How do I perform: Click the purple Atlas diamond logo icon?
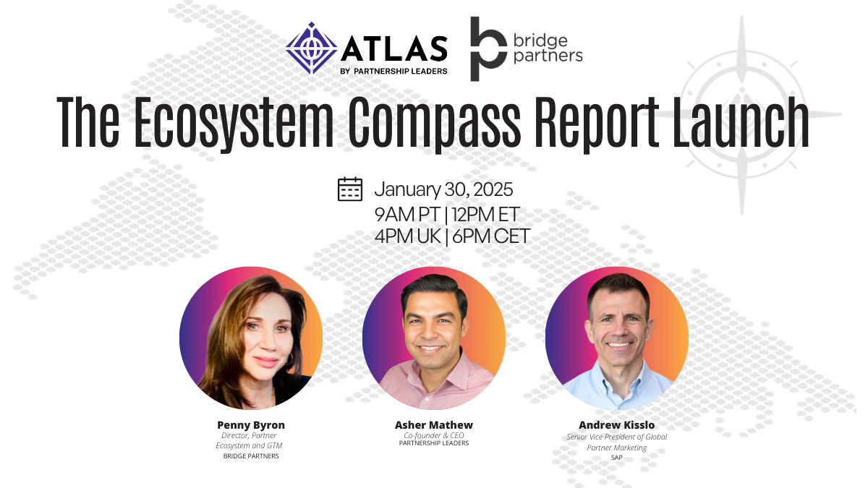coord(312,48)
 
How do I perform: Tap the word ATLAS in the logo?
coord(393,48)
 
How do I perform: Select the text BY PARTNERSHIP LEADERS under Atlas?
coord(393,71)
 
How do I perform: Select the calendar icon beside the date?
coord(350,189)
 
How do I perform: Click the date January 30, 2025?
coord(443,189)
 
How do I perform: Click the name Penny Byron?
coord(251,424)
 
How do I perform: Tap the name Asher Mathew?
coord(433,424)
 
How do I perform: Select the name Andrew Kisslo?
coord(616,424)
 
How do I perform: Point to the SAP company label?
coord(616,457)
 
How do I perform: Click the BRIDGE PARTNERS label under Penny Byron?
coord(251,456)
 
